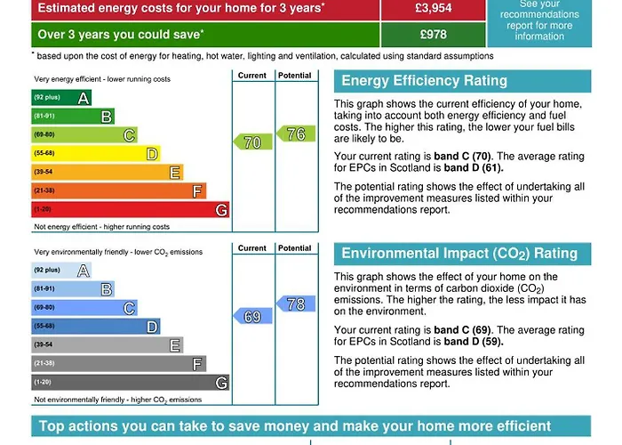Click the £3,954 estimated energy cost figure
[435, 8]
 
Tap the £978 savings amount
[435, 35]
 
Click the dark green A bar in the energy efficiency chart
[61, 97]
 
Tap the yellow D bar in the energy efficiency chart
[96, 153]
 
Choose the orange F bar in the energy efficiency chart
[119, 190]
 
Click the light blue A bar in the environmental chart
[61, 271]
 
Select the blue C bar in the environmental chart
[84, 308]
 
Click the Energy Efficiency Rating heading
[424, 81]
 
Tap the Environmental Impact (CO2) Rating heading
[459, 254]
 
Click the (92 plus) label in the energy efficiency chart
[46, 97]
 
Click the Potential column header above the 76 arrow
[295, 76]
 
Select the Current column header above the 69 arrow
[252, 248]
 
